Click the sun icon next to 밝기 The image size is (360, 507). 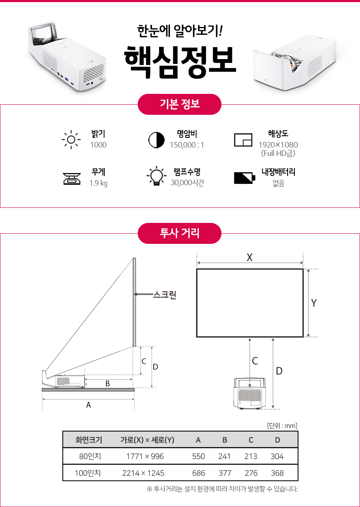[x=71, y=140]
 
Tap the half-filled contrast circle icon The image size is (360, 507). [x=157, y=140]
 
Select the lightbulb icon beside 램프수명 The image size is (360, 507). [x=157, y=176]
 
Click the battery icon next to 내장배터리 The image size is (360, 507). [x=244, y=178]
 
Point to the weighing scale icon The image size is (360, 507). [x=72, y=179]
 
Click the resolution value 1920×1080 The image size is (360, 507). [x=278, y=145]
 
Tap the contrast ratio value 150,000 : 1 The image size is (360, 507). [x=187, y=145]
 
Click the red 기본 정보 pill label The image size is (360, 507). [x=180, y=104]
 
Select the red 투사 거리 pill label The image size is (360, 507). [x=180, y=233]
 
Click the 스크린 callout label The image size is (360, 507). [x=165, y=295]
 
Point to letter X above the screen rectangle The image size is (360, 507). [x=249, y=257]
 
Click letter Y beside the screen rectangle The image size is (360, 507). [x=314, y=303]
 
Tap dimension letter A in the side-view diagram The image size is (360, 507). [x=88, y=405]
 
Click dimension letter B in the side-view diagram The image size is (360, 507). [x=108, y=383]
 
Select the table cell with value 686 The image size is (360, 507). [x=198, y=473]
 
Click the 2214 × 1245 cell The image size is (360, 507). [x=143, y=473]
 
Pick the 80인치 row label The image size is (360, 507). [x=90, y=456]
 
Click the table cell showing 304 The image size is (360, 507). [x=277, y=456]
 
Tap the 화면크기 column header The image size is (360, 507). [x=89, y=440]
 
